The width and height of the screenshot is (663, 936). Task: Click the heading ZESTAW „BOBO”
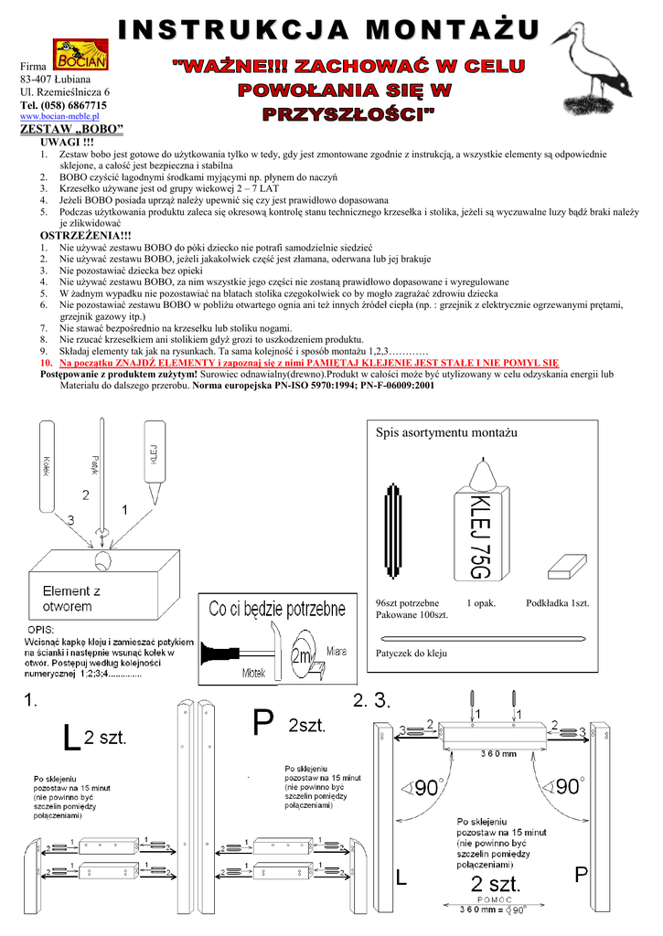tap(71, 130)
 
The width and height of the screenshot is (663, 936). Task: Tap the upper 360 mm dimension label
tap(497, 753)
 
